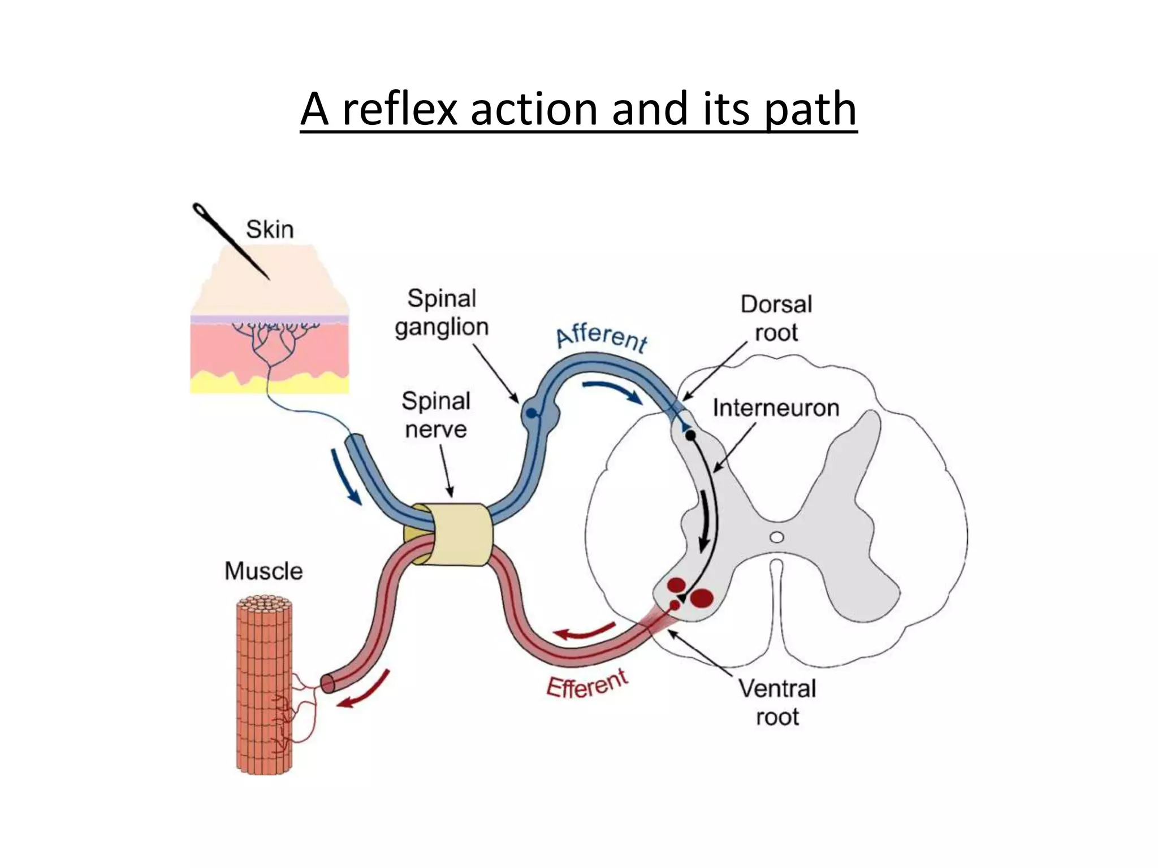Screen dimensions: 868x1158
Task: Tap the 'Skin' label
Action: coord(270,230)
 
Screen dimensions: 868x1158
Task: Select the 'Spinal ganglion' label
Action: coord(442,313)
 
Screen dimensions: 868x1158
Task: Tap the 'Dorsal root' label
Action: coord(776,318)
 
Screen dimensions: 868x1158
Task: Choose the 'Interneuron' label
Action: coord(776,408)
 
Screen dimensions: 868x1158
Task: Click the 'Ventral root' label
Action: coord(777,702)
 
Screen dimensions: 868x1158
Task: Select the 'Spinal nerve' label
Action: coord(436,415)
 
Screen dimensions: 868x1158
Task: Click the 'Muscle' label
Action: coord(263,571)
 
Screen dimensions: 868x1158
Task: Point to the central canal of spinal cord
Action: coord(777,537)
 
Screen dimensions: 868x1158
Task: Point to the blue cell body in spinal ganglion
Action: coord(531,414)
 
